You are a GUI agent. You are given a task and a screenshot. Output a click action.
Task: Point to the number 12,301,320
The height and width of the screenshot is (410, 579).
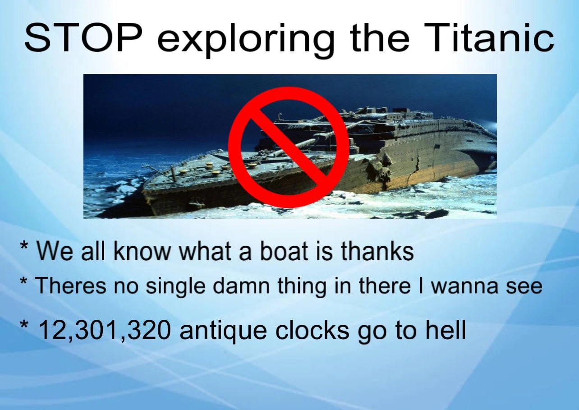coord(104,331)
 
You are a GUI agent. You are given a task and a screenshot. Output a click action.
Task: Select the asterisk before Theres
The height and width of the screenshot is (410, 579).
coord(23,281)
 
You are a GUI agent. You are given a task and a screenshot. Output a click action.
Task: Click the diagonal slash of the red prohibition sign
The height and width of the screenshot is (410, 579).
coord(289,147)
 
